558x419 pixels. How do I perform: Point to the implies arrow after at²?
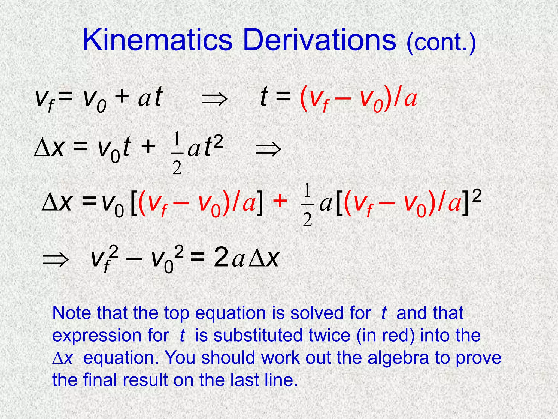[x=268, y=150]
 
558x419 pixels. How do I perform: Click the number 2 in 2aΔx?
[x=221, y=258]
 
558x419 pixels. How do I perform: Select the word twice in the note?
[x=329, y=335]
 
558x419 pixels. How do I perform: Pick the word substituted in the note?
[x=258, y=335]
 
